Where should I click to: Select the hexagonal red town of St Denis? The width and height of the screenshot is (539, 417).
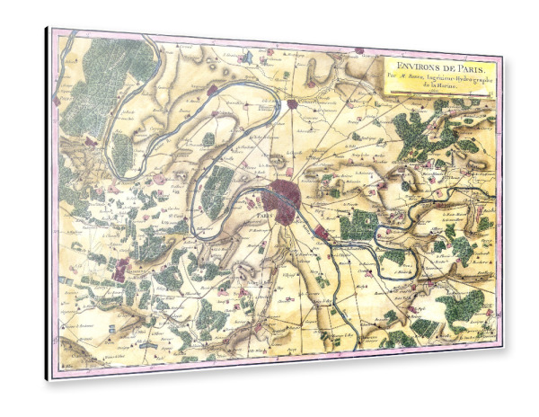[x=293, y=104]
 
